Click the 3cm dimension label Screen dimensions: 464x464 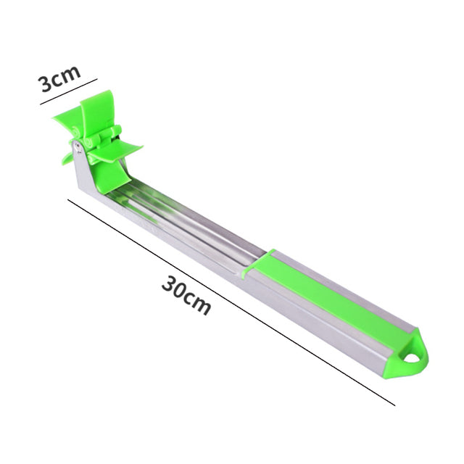coord(59,78)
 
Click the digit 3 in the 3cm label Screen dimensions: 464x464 coord(46,83)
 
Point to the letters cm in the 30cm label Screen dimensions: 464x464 coord(197,304)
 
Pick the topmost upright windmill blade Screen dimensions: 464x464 coord(95,112)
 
